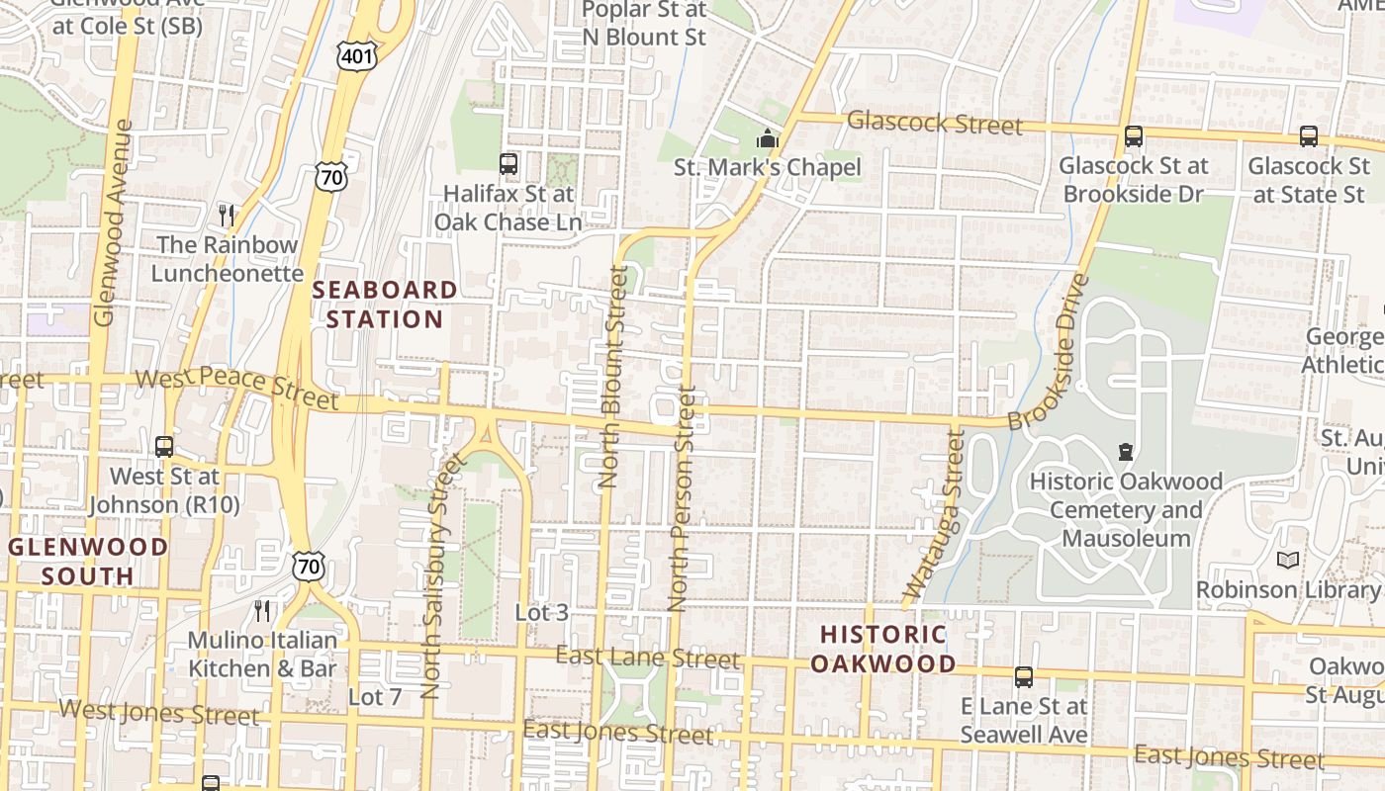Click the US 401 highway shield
tap(356, 55)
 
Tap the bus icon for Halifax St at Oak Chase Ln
tap(508, 164)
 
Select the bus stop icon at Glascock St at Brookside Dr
tap(1134, 136)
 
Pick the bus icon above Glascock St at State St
tap(1308, 136)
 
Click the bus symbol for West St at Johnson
tap(164, 447)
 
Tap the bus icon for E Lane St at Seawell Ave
tap(1024, 677)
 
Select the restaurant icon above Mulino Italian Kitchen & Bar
tap(262, 610)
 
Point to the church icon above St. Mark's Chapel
tap(768, 139)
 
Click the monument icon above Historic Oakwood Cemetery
tap(1125, 452)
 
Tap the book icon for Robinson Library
tap(1287, 561)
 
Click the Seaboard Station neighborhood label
tap(385, 305)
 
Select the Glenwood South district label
tap(88, 561)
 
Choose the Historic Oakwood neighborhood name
tap(883, 649)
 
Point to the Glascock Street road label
tap(934, 124)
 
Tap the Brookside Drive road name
tap(1049, 352)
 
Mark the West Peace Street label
tap(236, 389)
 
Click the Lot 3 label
tap(541, 613)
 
